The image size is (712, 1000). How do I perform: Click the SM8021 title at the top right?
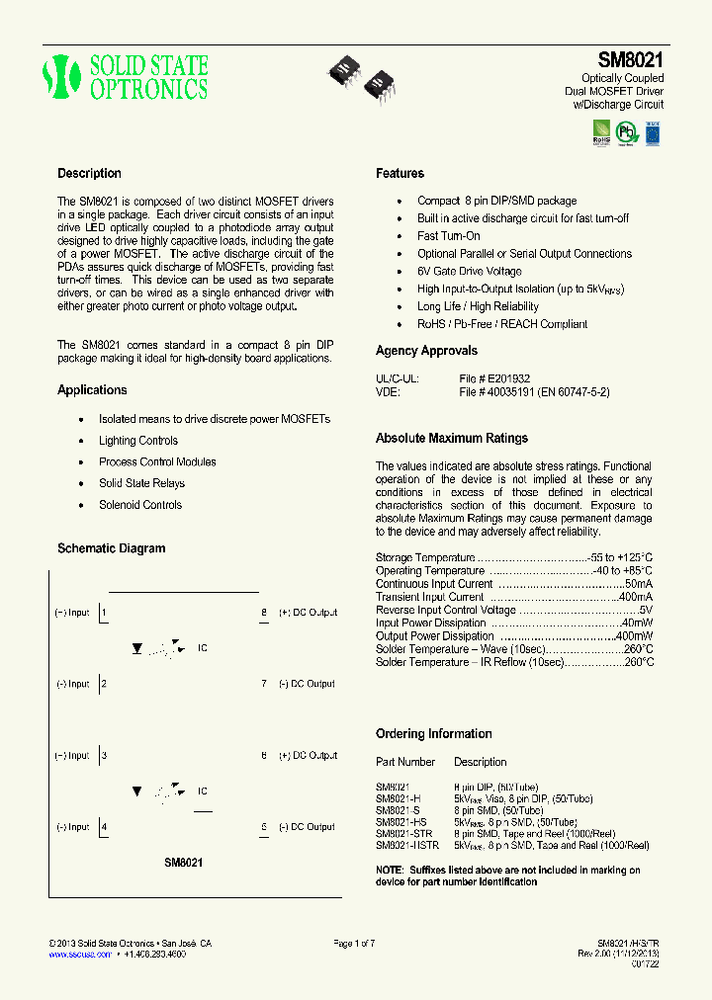click(630, 59)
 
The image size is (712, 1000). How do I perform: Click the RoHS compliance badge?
click(600, 131)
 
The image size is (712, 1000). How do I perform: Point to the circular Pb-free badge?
click(626, 130)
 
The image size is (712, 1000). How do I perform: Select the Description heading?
click(89, 174)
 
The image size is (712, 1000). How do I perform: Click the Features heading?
click(400, 174)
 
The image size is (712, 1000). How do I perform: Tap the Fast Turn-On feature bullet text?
click(448, 236)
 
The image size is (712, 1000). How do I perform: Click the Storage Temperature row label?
click(425, 558)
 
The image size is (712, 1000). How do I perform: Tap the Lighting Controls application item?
click(138, 441)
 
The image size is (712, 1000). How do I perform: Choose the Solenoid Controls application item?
click(140, 505)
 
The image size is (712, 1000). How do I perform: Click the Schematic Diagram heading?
click(112, 548)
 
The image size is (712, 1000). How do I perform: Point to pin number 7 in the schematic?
click(264, 684)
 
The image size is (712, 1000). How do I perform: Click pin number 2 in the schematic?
click(104, 684)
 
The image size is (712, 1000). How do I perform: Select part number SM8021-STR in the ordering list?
click(403, 834)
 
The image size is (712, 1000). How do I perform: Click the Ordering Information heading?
click(433, 734)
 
